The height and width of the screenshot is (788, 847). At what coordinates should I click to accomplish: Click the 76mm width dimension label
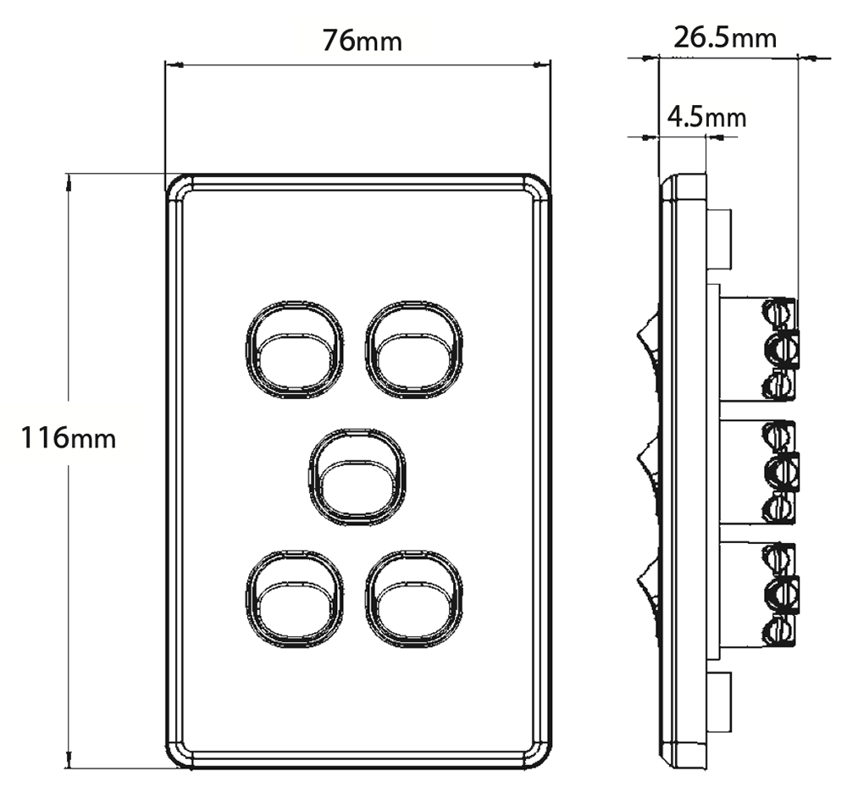coord(362,40)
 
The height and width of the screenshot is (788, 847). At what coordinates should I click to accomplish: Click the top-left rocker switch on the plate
coord(293,348)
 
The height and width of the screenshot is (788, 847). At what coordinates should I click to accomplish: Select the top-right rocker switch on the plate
coord(414,348)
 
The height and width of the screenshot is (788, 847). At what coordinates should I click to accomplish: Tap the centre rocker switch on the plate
coord(354,474)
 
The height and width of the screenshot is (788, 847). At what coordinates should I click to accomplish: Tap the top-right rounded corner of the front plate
coord(537,188)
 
